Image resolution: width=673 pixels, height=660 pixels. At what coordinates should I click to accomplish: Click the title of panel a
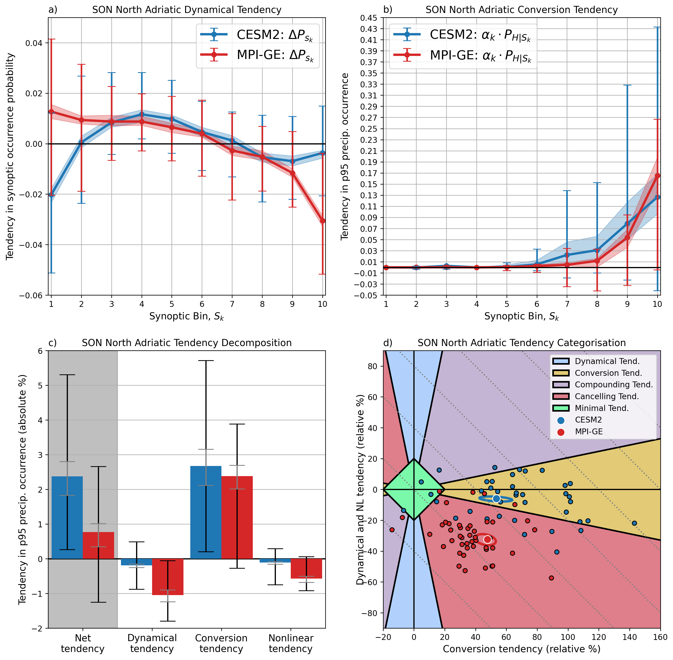[x=187, y=10]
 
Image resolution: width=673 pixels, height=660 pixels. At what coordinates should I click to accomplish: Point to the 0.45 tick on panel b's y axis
[x=369, y=18]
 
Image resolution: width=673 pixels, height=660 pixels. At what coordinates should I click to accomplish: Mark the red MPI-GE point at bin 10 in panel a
[x=323, y=221]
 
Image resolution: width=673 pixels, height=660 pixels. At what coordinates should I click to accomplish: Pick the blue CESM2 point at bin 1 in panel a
[x=51, y=195]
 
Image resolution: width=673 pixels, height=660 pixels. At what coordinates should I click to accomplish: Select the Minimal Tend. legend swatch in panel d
[x=561, y=408]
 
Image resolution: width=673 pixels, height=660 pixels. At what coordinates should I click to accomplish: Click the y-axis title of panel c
[x=22, y=490]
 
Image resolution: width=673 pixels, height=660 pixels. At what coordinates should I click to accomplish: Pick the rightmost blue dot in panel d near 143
[x=635, y=523]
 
